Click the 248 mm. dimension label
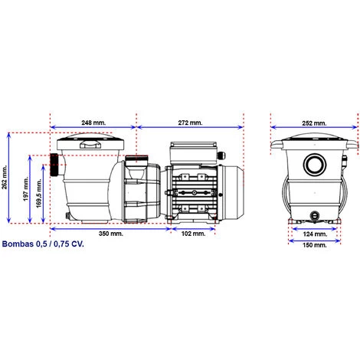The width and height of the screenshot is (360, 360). click(93, 123)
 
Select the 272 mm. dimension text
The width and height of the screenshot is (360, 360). click(190, 123)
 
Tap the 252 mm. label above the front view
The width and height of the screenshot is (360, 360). click(314, 123)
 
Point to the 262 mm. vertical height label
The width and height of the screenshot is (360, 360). click(5, 177)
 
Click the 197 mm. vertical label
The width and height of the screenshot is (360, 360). click(26, 188)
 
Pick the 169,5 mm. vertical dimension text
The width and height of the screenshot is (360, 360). click(39, 193)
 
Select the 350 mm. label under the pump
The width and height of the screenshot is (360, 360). click(111, 234)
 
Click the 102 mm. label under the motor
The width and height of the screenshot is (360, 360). click(193, 234)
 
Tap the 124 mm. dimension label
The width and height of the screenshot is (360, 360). click(315, 234)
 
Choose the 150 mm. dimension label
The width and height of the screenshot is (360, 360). click(315, 245)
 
